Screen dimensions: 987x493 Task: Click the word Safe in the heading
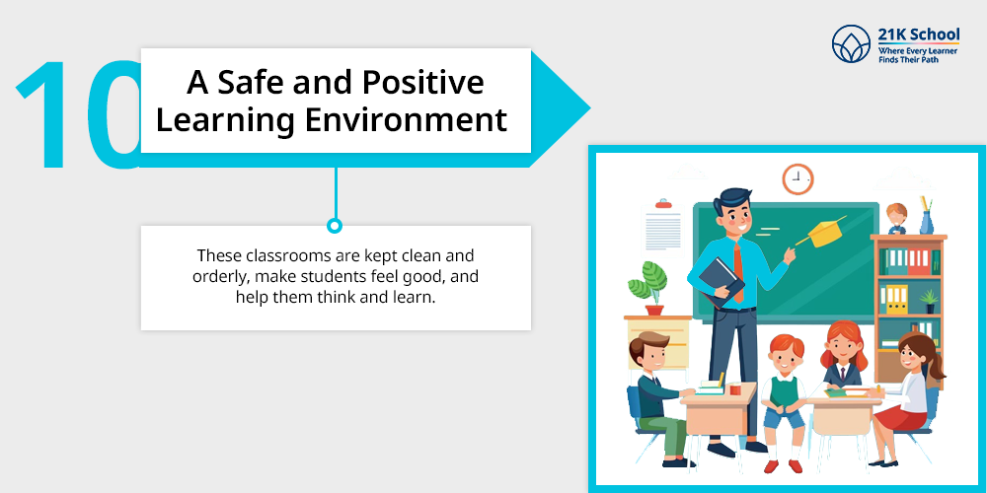tap(249, 84)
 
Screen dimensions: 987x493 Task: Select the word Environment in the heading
tap(406, 120)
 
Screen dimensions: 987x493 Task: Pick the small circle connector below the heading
tap(335, 225)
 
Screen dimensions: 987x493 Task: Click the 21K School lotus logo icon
tap(851, 44)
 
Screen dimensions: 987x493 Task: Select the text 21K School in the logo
tap(918, 34)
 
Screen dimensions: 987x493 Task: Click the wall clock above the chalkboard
tap(797, 178)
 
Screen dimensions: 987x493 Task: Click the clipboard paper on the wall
tap(663, 229)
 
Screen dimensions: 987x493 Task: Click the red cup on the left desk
tap(735, 389)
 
